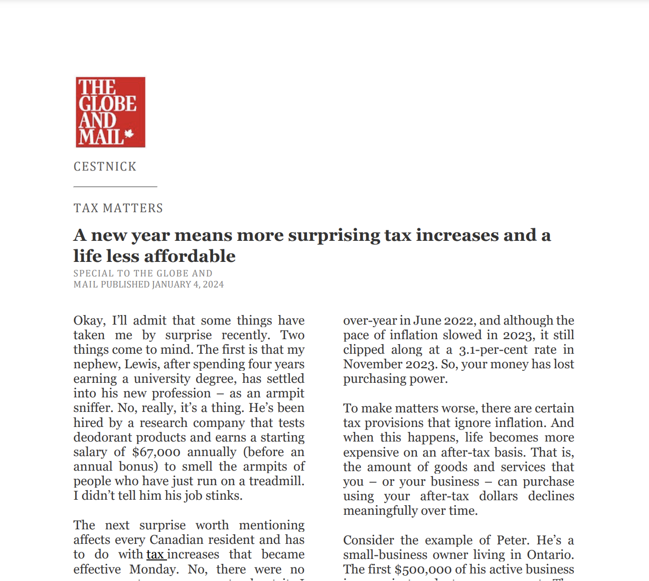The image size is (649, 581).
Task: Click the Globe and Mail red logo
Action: click(110, 112)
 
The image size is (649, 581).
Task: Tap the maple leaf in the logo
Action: click(129, 134)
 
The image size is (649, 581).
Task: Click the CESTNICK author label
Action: click(105, 167)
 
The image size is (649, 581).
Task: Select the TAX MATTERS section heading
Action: click(118, 208)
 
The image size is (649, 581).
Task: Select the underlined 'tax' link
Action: click(155, 554)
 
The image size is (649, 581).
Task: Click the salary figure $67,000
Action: click(156, 452)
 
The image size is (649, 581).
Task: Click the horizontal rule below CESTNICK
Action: click(115, 187)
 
